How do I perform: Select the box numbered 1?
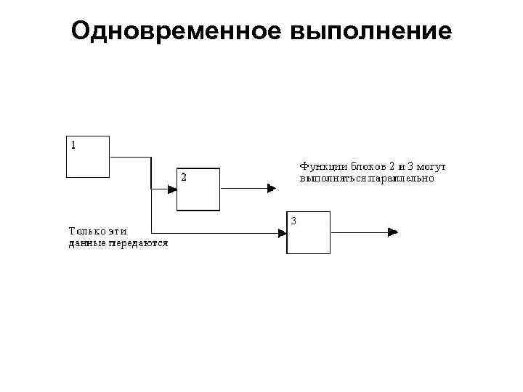pyautogui.click(x=88, y=156)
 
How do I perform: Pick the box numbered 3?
pyautogui.click(x=308, y=232)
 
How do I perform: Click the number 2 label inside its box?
pyautogui.click(x=183, y=176)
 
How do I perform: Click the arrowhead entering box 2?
pyautogui.click(x=172, y=189)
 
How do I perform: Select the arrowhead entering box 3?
pyautogui.click(x=282, y=233)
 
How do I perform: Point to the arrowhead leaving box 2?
pyautogui.click(x=271, y=189)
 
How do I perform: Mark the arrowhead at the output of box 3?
pyautogui.click(x=393, y=232)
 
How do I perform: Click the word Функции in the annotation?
pyautogui.click(x=319, y=166)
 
